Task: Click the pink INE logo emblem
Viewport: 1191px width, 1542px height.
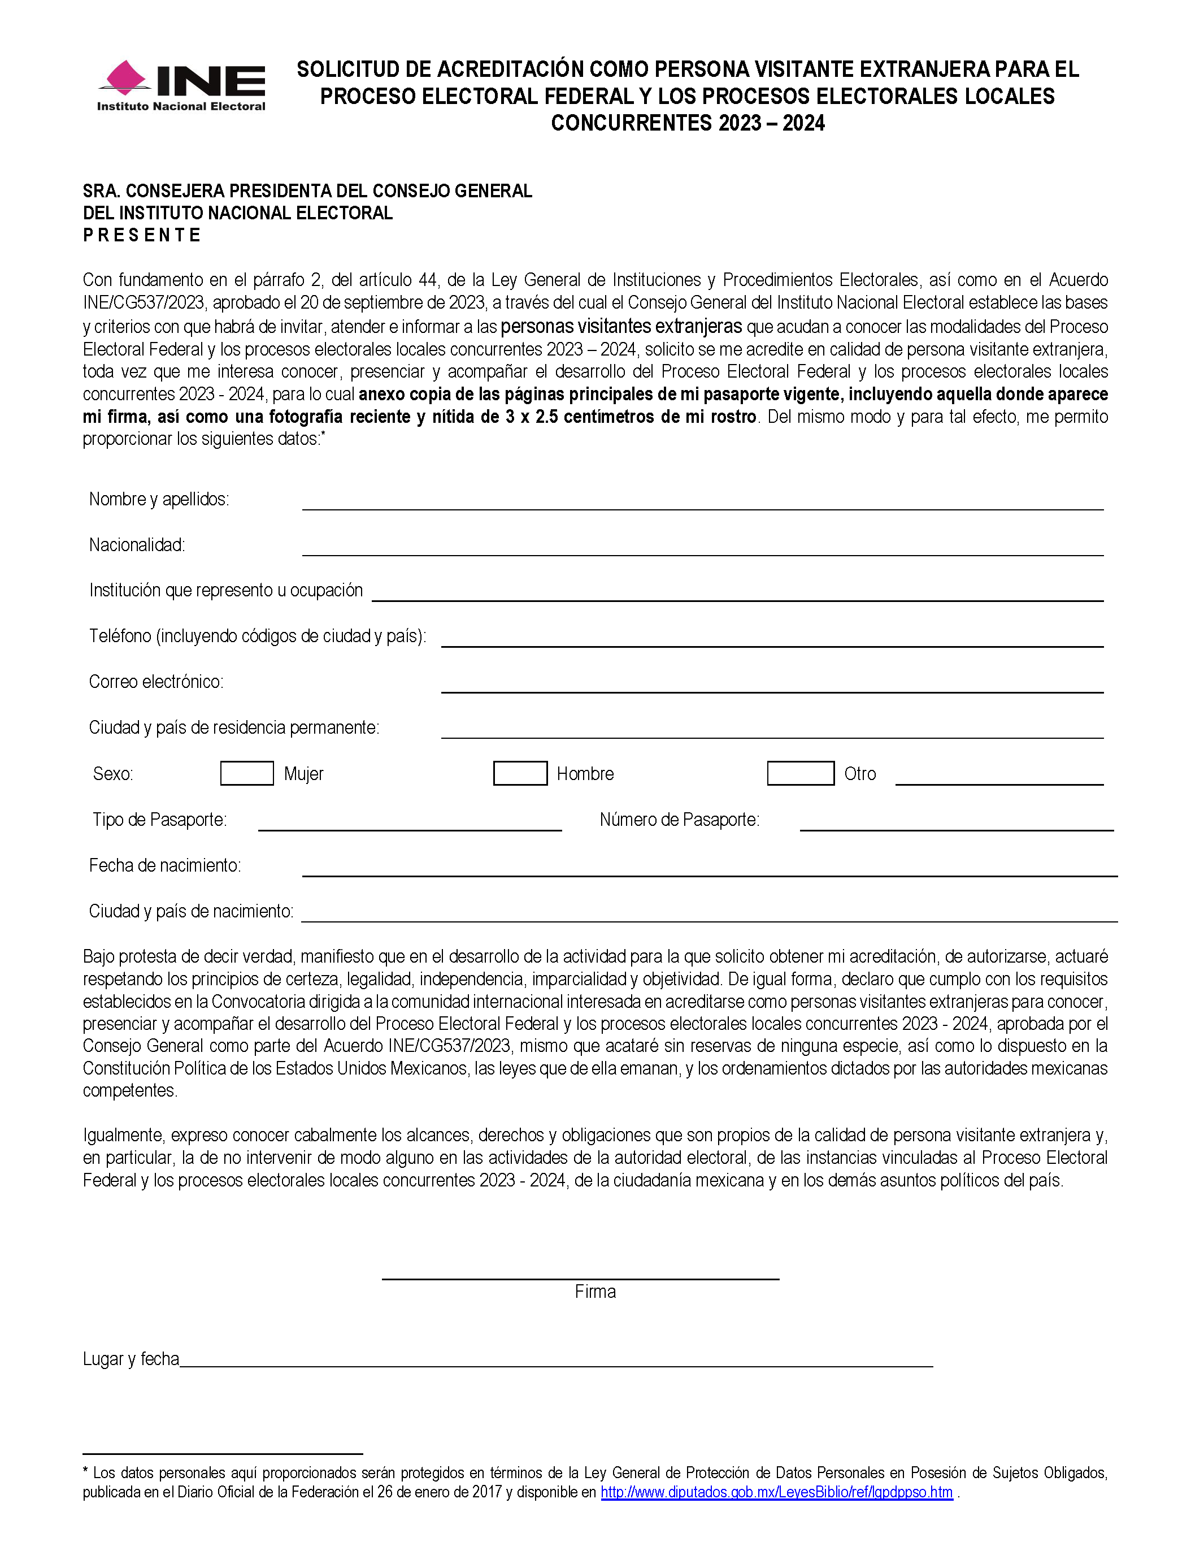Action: tap(125, 77)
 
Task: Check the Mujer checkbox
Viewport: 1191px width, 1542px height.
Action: tap(247, 773)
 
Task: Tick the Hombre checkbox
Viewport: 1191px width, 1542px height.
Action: tap(520, 773)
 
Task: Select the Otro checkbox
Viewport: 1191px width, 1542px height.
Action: tap(800, 773)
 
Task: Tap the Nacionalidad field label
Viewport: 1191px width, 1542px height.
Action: tap(137, 545)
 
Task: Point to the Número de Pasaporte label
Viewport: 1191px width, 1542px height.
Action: tap(679, 820)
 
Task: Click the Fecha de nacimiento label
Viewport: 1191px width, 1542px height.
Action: tap(165, 865)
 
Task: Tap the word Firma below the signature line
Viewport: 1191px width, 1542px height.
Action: tap(595, 1292)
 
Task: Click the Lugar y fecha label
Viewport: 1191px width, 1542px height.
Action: tap(131, 1359)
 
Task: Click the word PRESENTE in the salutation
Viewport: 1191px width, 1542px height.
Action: tap(142, 235)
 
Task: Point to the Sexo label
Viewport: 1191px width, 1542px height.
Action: tap(113, 774)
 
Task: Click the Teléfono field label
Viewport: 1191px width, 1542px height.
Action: tap(258, 636)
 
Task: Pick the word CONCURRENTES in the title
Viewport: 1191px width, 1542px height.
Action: tap(632, 123)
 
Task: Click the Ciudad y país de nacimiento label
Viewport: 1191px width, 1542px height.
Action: tap(191, 912)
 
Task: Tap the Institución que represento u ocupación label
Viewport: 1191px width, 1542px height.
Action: tap(226, 590)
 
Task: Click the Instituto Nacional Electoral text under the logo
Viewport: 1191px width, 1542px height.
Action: tap(181, 107)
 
